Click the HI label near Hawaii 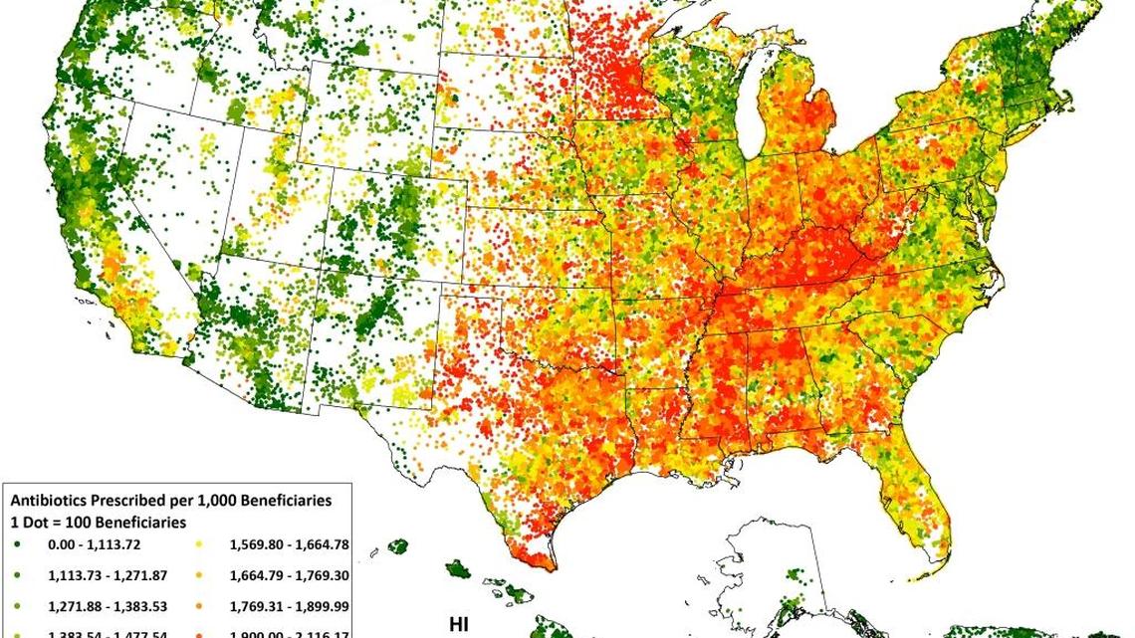click(x=459, y=624)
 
